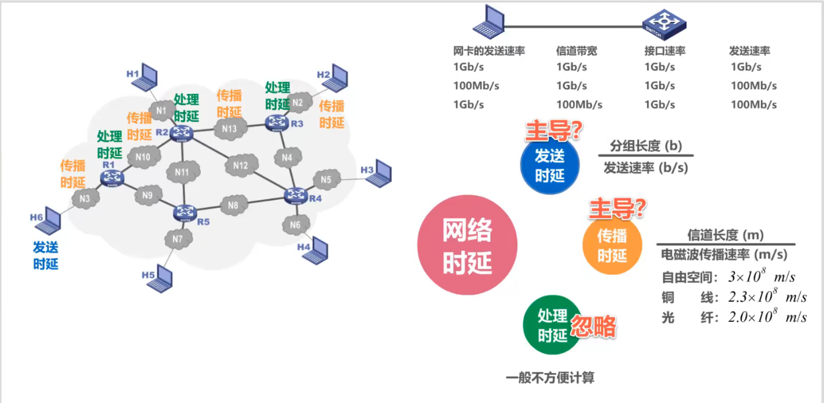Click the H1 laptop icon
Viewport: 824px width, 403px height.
[x=148, y=77]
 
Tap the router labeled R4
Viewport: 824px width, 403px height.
[x=296, y=196]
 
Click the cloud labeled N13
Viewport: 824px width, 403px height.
[x=228, y=129]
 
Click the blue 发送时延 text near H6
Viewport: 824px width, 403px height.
[x=45, y=256]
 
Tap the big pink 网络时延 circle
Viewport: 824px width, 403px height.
[x=467, y=245]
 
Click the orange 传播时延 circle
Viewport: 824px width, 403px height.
[x=612, y=245]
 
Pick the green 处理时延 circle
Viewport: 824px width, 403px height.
[x=552, y=325]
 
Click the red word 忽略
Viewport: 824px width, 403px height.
[x=593, y=326]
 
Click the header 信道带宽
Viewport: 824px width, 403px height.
[x=577, y=51]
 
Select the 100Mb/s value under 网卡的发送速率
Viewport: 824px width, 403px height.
[x=476, y=86]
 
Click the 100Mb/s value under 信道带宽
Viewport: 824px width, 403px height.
[x=579, y=105]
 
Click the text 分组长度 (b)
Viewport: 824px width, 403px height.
[x=645, y=146]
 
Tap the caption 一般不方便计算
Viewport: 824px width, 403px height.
[x=550, y=378]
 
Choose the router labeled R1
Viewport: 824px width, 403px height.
[x=112, y=178]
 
